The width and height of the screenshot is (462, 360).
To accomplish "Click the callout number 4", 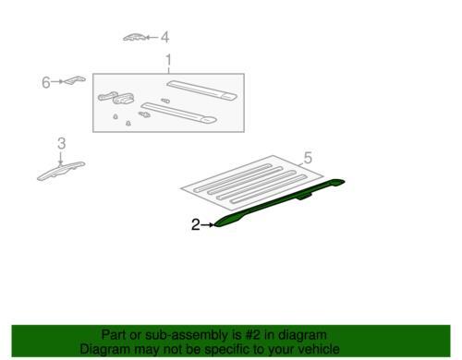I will click(x=165, y=38).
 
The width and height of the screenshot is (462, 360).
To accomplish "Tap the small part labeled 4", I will click(x=135, y=37).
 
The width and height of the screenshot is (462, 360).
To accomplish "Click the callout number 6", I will click(x=45, y=82).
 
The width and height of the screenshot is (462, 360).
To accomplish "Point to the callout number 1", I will click(x=168, y=62).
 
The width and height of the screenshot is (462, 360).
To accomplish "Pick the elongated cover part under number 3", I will click(x=60, y=170).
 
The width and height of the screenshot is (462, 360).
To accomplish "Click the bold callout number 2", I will click(x=195, y=224).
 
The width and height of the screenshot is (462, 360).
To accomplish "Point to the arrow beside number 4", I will click(x=153, y=38).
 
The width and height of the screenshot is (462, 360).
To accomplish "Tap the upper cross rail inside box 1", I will click(x=198, y=90).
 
